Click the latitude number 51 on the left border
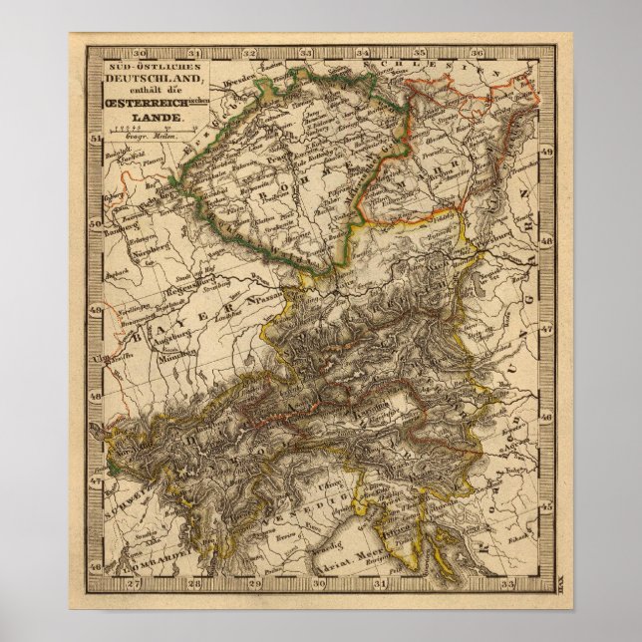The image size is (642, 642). point(96,140)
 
